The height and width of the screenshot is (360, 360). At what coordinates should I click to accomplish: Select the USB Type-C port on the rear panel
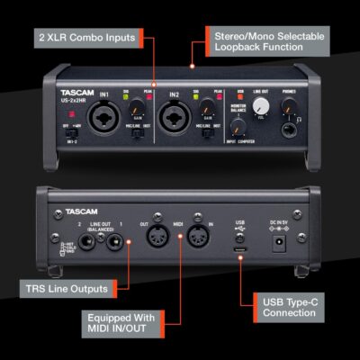point(238,240)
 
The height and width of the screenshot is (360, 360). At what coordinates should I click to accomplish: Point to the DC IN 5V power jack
point(279,241)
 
